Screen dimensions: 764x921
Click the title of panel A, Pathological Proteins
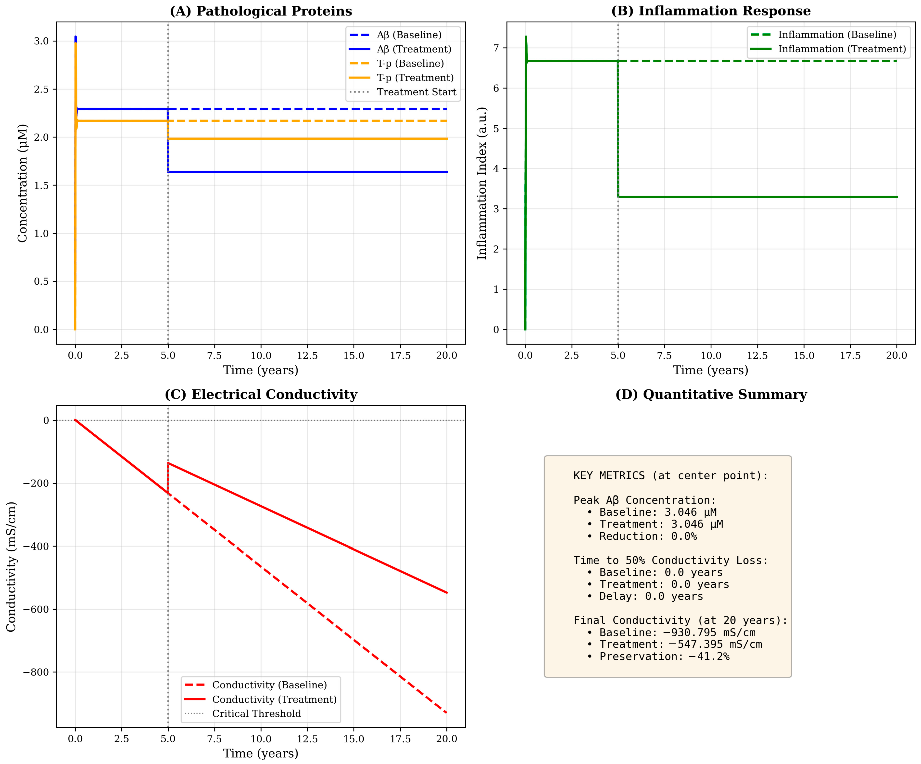point(261,11)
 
